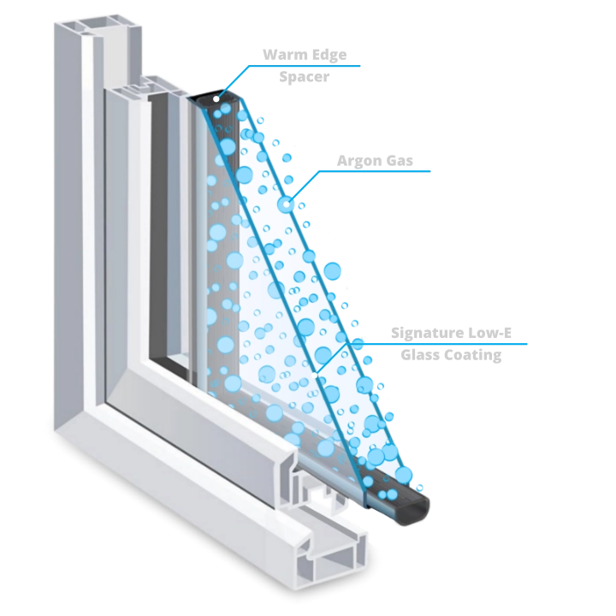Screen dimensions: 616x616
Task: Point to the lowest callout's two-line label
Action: pos(451,343)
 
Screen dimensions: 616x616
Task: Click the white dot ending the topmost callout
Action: pos(216,100)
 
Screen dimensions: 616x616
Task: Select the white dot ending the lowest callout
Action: pos(319,374)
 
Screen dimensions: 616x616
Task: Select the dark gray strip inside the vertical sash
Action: pos(157,231)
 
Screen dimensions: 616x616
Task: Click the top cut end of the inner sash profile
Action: pos(141,86)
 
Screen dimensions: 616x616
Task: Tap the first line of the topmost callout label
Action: pos(304,55)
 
